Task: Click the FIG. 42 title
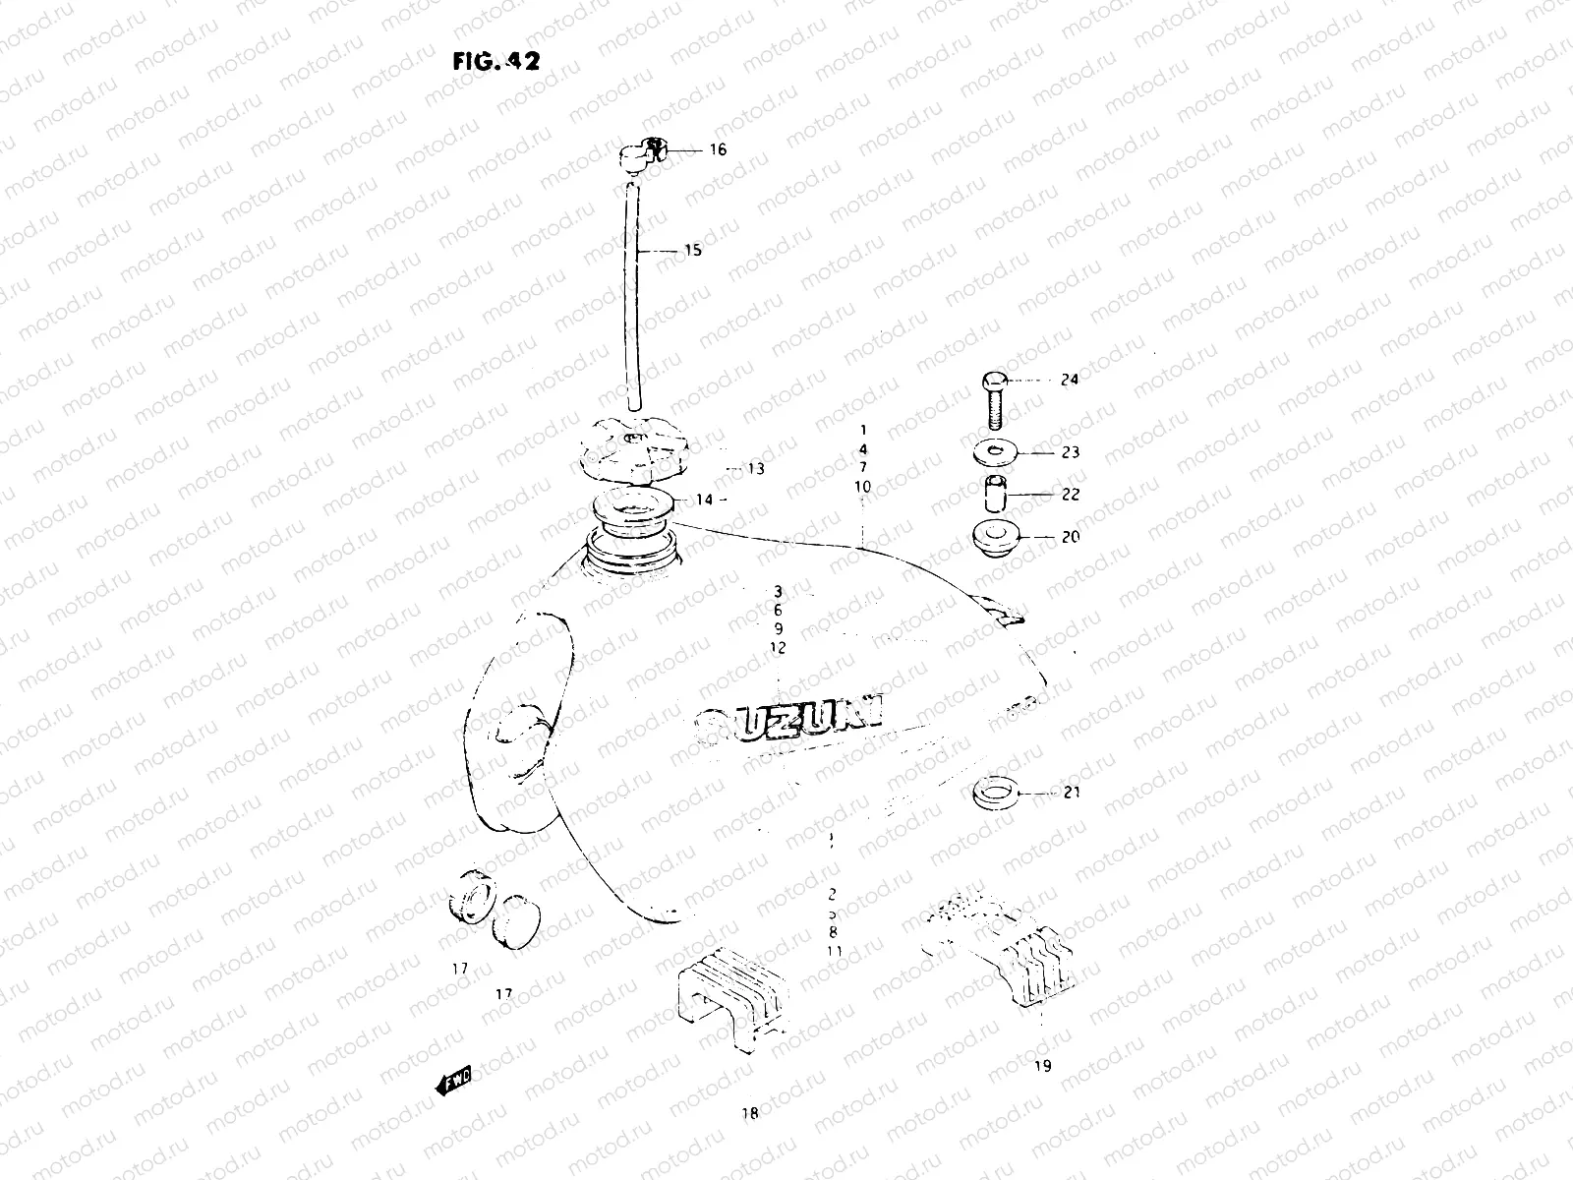click(x=495, y=61)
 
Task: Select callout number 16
click(x=718, y=150)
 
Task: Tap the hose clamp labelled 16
click(x=643, y=153)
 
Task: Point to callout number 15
click(x=692, y=251)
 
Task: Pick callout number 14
click(x=704, y=500)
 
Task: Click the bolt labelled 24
click(x=993, y=398)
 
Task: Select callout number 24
click(x=1070, y=380)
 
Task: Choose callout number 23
click(x=1070, y=452)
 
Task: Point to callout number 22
click(x=1070, y=495)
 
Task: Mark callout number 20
click(x=1070, y=538)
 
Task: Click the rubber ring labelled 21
click(x=992, y=791)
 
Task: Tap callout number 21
click(x=1071, y=792)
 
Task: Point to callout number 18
click(x=751, y=1114)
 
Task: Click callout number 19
click(x=1042, y=1065)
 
